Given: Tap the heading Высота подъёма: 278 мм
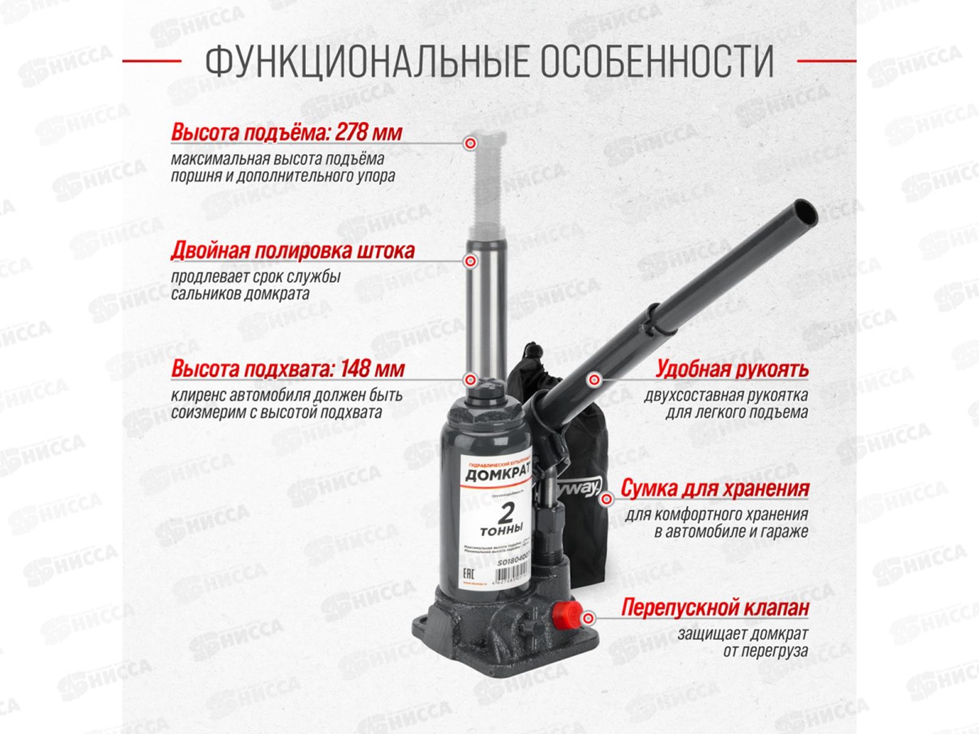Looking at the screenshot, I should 286,133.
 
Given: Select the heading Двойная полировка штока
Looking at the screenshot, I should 293,251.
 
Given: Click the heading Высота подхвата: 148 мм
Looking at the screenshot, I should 288,369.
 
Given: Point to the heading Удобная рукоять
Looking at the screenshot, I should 732,369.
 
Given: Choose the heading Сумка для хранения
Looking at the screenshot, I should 715,489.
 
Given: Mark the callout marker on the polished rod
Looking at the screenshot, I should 470,262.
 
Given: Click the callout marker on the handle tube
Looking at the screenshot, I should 591,380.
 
